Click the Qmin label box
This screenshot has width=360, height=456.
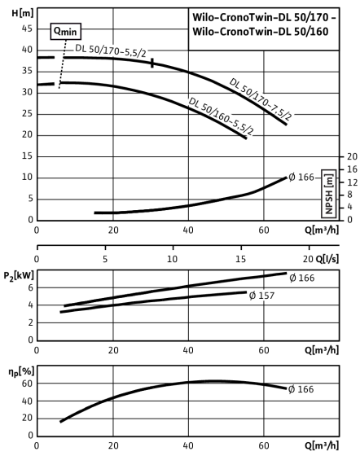pyautogui.click(x=66, y=32)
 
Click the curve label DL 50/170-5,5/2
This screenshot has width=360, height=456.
pyautogui.click(x=111, y=50)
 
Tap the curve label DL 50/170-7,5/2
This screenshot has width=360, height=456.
pyautogui.click(x=261, y=99)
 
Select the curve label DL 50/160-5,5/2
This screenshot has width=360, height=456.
pyautogui.click(x=221, y=116)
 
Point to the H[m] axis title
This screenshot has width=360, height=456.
pyautogui.click(x=23, y=13)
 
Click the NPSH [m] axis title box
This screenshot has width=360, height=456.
pyautogui.click(x=329, y=194)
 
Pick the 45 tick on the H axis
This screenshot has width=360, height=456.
pyautogui.click(x=27, y=28)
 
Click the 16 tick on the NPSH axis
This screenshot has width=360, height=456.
pyautogui.click(x=352, y=169)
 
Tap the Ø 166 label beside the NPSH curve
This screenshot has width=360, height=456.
pyautogui.click(x=301, y=178)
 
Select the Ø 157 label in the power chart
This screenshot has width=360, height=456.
pyautogui.click(x=261, y=296)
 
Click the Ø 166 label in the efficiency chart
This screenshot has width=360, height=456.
pyautogui.click(x=301, y=389)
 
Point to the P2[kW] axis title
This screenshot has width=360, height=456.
pyautogui.click(x=19, y=275)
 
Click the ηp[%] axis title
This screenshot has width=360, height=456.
pyautogui.click(x=21, y=372)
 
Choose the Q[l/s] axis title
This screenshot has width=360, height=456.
pyautogui.click(x=327, y=259)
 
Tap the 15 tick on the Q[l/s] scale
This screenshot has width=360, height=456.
pyautogui.click(x=240, y=259)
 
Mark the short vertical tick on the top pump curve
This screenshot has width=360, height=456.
pyautogui.click(x=152, y=64)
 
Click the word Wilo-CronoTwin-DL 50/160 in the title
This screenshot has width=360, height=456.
pyautogui.click(x=261, y=32)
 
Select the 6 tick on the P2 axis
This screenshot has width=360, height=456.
pyautogui.click(x=30, y=287)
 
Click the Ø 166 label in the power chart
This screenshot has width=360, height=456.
pyautogui.click(x=302, y=278)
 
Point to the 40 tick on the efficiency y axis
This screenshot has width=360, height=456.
pyautogui.click(x=27, y=401)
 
